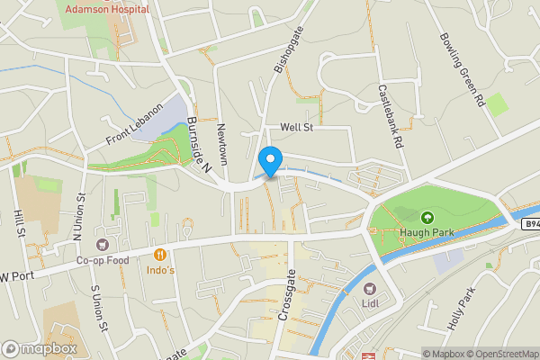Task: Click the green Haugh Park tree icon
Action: [x=427, y=217]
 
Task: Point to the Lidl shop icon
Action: [x=370, y=288]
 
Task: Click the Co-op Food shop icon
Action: [x=101, y=245]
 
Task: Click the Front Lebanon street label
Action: [x=135, y=123]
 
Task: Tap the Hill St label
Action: [x=18, y=220]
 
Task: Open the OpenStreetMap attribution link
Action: [x=501, y=353]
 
